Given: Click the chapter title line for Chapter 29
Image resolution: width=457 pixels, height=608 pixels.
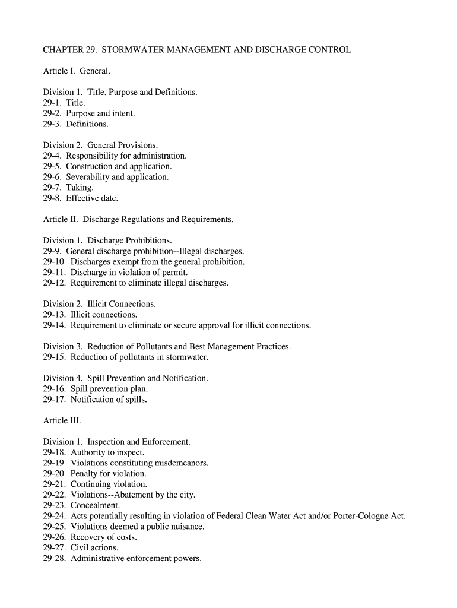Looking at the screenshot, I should tap(197, 50).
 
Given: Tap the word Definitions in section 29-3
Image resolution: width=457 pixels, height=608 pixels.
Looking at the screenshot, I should tap(87, 124).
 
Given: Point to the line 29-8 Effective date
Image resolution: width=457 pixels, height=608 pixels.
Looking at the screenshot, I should tap(81, 198).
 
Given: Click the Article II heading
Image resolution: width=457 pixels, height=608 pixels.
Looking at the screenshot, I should tap(138, 220).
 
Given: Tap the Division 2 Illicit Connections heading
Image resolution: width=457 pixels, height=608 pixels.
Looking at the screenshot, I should tap(100, 304).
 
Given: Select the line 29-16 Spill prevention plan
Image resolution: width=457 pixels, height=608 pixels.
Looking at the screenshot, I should tap(96, 389).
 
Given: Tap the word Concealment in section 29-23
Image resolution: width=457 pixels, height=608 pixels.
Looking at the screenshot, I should tap(95, 505).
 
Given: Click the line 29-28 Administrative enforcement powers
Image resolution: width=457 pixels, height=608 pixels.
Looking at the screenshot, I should tap(122, 559).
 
